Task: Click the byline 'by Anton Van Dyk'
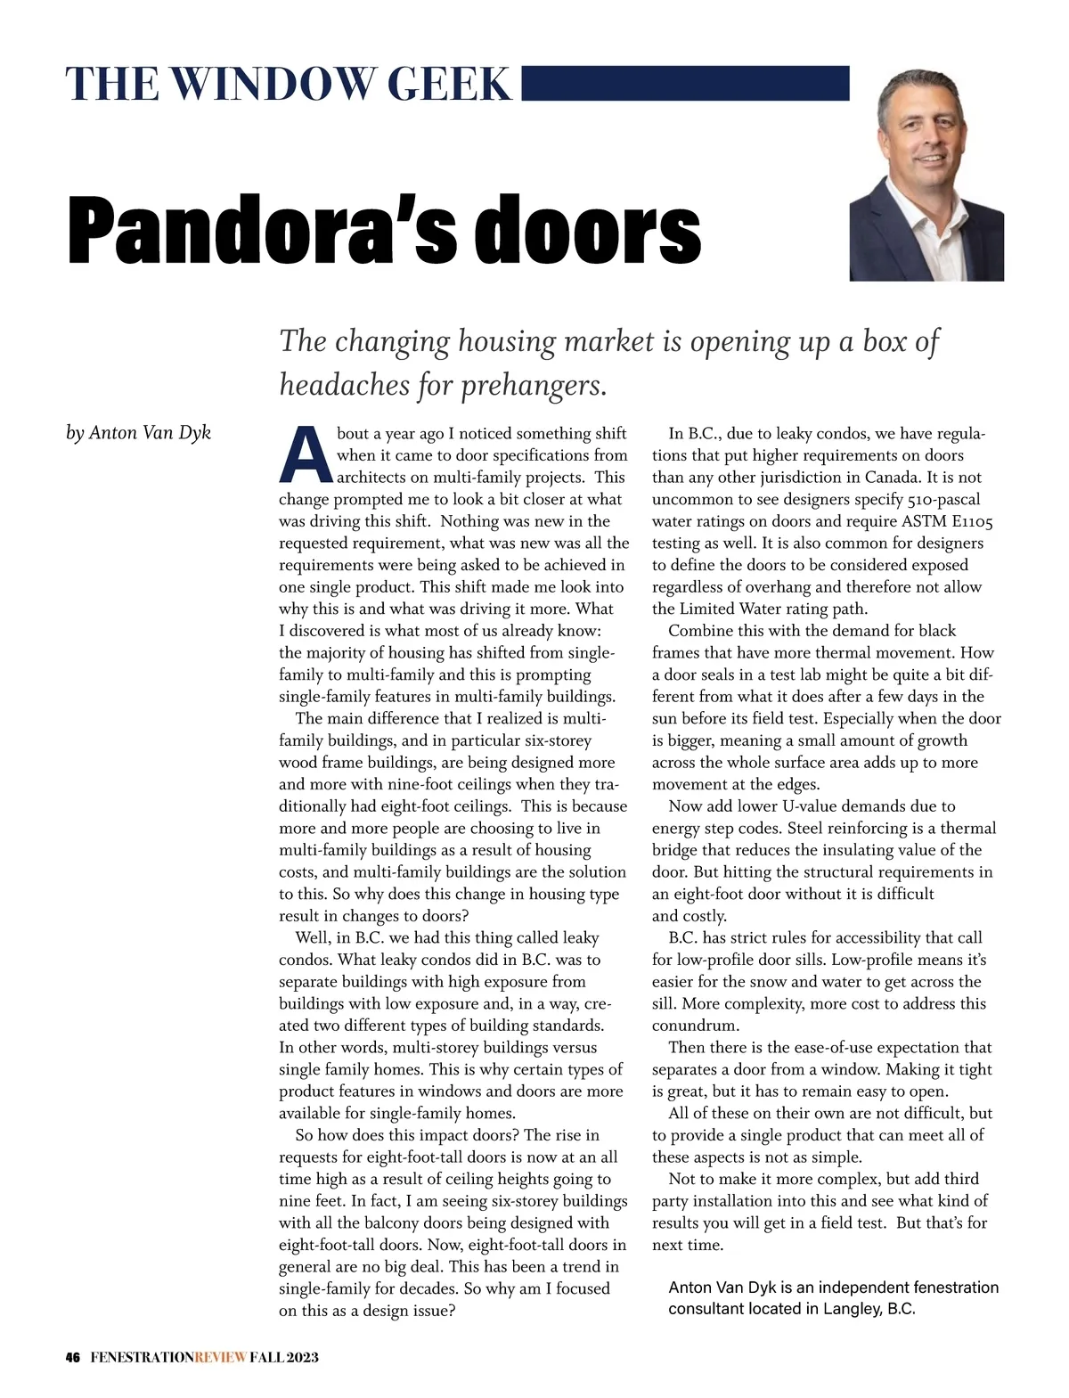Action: (x=138, y=433)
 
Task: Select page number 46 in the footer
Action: (x=73, y=1357)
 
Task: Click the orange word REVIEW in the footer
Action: (x=220, y=1357)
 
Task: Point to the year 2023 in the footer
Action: (x=298, y=1357)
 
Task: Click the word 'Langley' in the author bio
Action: (x=853, y=1309)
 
